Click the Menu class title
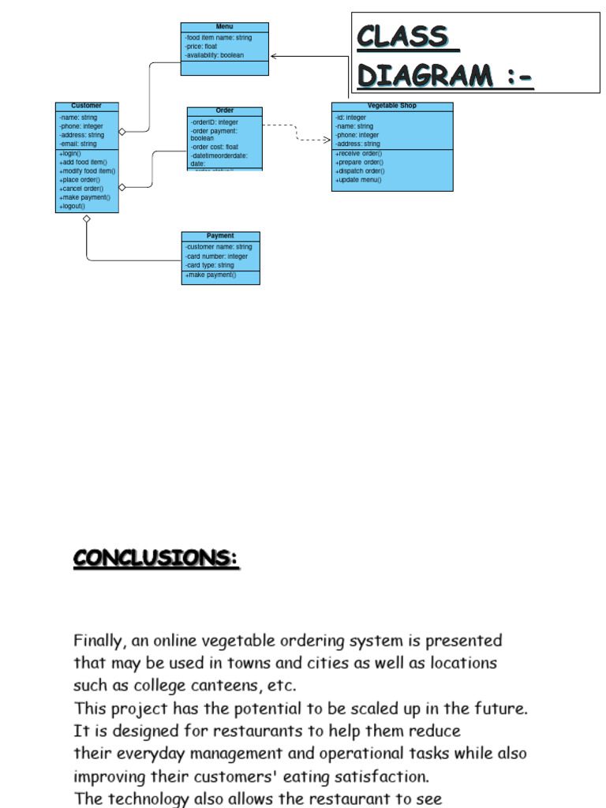click(x=224, y=27)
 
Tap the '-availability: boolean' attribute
click(x=215, y=55)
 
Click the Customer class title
click(x=86, y=106)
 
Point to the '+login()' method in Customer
click(x=70, y=153)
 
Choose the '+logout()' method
click(x=73, y=207)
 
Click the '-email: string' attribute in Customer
click(x=77, y=144)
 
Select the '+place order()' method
click(x=80, y=180)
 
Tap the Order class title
click(x=225, y=110)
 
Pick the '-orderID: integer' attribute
click(x=215, y=122)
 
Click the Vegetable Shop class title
click(x=391, y=106)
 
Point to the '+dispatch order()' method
click(x=360, y=171)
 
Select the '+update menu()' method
click(x=358, y=180)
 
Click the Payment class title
click(x=220, y=236)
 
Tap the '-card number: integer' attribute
click(x=217, y=256)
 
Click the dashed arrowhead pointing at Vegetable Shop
click(x=327, y=140)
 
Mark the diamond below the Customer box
click(x=87, y=219)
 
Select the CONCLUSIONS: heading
click(x=156, y=558)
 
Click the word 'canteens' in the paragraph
click(x=216, y=685)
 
